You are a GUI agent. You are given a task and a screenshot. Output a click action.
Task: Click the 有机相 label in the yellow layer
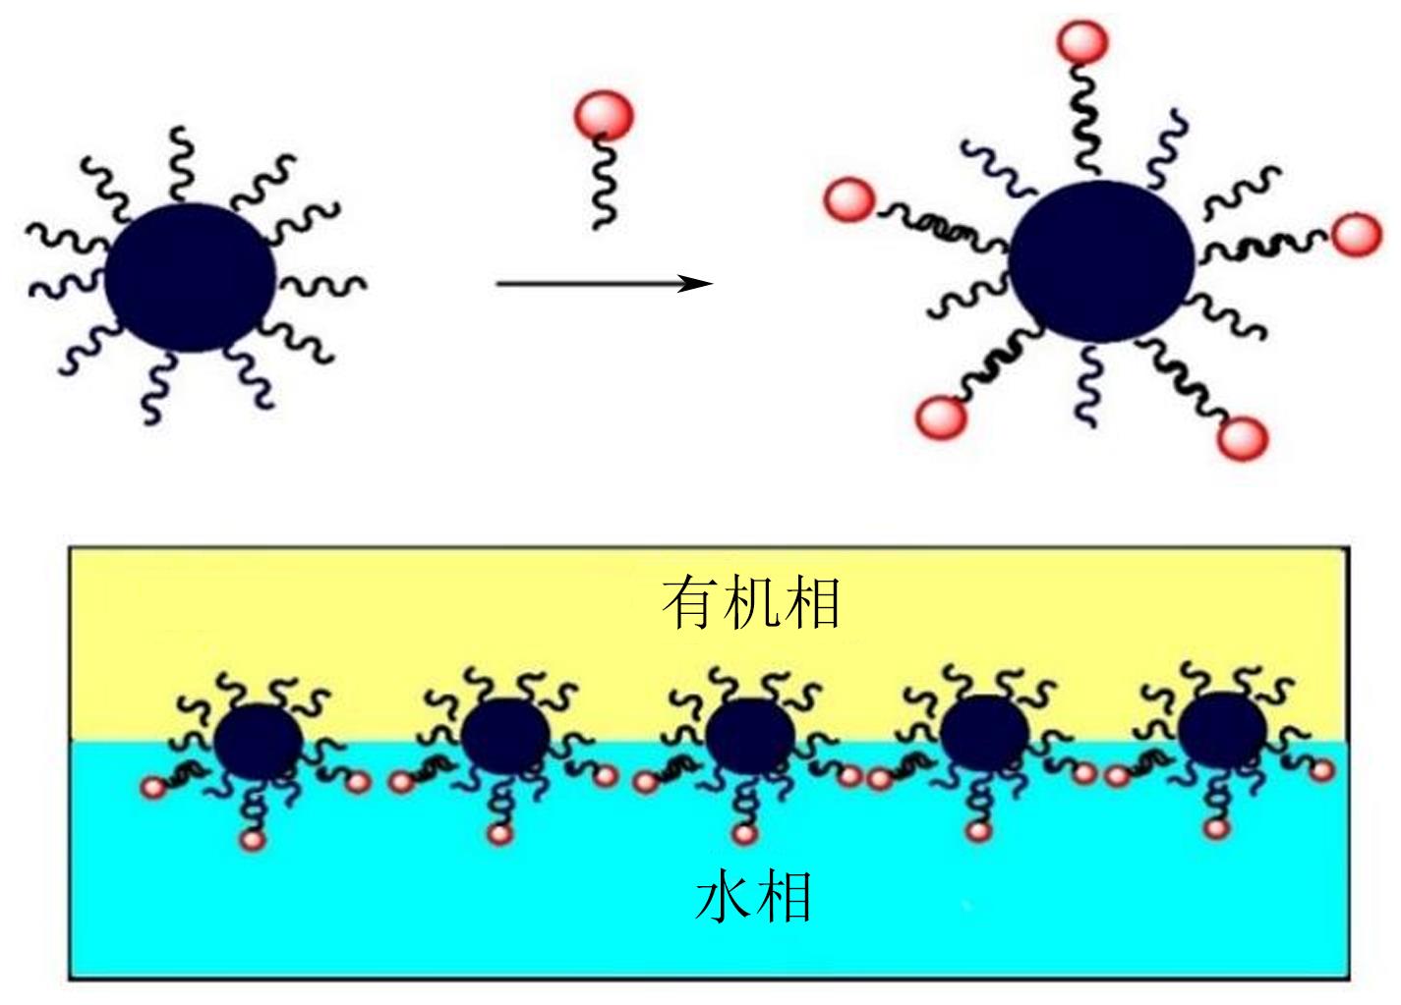tap(751, 602)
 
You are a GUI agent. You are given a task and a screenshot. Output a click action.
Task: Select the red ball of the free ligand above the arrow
tap(603, 115)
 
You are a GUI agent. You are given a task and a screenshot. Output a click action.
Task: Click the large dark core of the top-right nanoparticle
tap(1101, 260)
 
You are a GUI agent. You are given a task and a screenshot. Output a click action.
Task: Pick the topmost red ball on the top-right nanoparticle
tap(1082, 42)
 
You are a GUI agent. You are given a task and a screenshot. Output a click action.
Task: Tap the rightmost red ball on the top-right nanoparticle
tap(1357, 235)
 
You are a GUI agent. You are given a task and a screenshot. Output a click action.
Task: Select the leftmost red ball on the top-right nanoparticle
tap(849, 201)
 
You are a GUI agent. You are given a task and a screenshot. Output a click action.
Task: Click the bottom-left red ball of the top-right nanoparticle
tap(941, 417)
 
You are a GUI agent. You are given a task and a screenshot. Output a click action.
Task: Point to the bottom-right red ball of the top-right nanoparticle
tap(1242, 437)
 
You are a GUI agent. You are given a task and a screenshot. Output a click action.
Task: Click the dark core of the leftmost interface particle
tap(258, 742)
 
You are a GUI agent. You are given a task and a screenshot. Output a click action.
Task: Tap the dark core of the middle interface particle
tap(750, 737)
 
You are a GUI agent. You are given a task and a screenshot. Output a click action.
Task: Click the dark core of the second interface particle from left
tap(505, 738)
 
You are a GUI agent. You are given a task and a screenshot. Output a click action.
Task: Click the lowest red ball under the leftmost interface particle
tap(253, 841)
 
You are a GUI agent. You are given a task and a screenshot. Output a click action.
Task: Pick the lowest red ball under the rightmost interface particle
tap(1217, 828)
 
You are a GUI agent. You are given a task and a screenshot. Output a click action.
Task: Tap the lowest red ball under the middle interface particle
tap(744, 835)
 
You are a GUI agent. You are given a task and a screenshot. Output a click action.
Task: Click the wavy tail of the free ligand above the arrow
tap(603, 187)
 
